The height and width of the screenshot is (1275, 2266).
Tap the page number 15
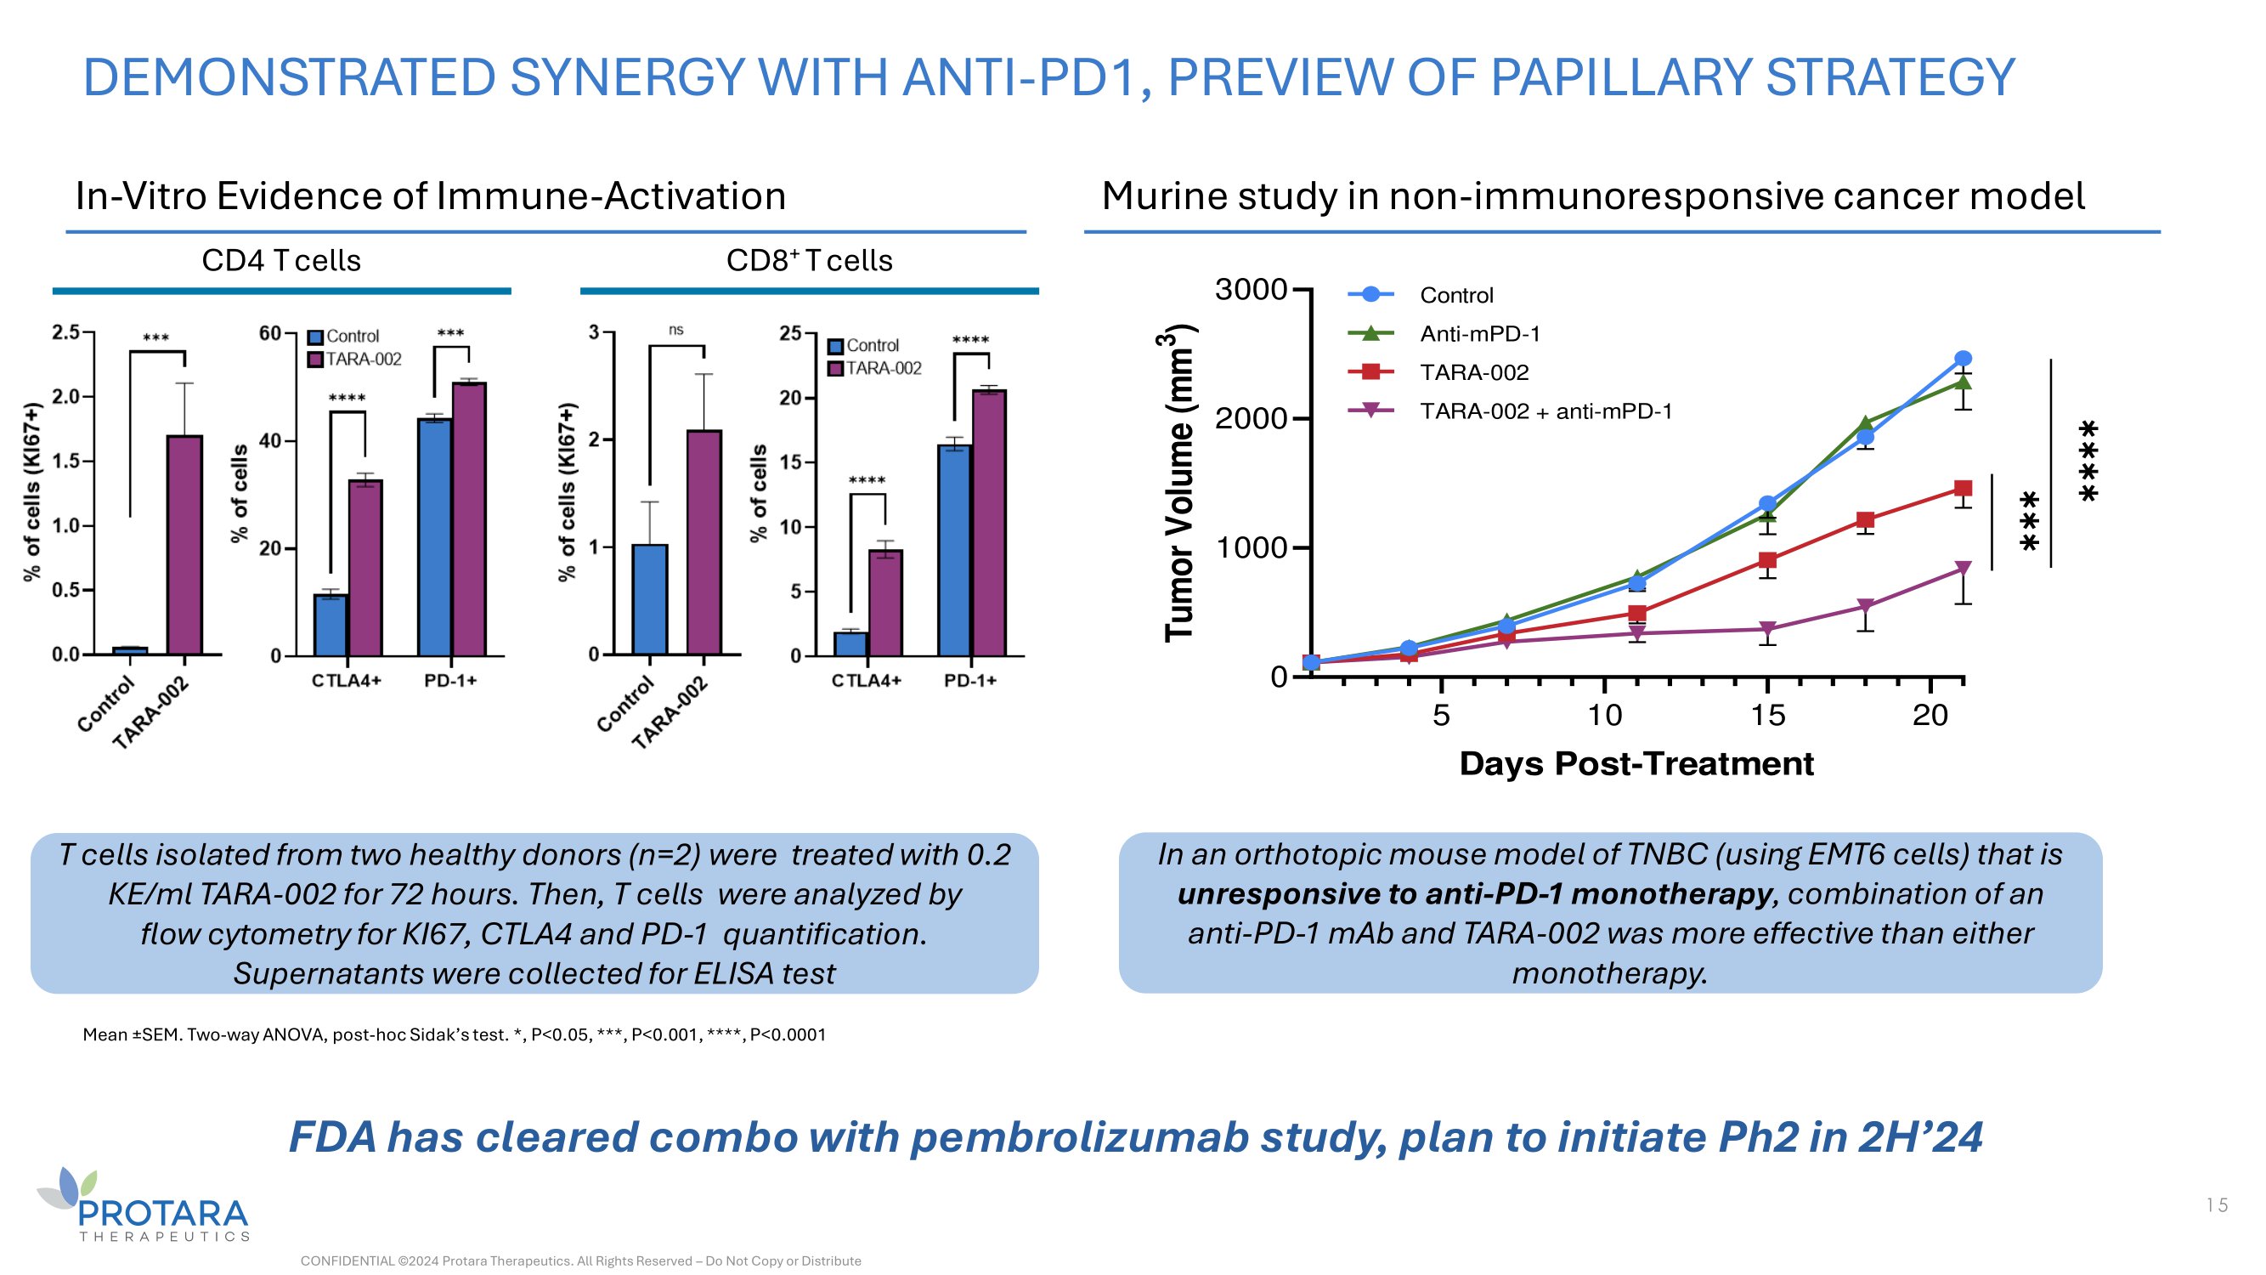[x=2216, y=1205]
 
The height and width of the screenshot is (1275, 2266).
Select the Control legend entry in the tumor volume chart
[x=1455, y=296]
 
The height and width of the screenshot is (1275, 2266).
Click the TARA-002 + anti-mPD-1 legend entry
[x=1545, y=411]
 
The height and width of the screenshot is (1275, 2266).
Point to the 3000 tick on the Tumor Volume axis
[x=1250, y=290]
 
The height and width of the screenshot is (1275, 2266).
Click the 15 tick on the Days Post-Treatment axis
[x=1767, y=716]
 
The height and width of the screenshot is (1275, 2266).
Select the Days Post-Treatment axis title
[x=1636, y=764]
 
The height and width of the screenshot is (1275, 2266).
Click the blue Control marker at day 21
[x=1963, y=359]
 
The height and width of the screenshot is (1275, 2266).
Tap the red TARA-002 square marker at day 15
[x=1767, y=560]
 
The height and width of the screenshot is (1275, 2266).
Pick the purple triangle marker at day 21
[x=1963, y=569]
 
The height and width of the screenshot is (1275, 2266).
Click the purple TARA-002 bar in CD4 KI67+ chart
[x=184, y=545]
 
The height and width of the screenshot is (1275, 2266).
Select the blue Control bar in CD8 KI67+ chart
[x=650, y=599]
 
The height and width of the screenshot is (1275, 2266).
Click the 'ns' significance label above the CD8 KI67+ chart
[x=675, y=330]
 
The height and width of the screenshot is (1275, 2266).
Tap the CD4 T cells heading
[x=280, y=260]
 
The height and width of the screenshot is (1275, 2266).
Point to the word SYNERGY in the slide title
[x=627, y=77]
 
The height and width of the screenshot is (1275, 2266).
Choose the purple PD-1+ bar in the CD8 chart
[x=990, y=523]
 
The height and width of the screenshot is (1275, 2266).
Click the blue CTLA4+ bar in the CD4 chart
[x=331, y=625]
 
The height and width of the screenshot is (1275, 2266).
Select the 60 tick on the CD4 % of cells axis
[x=269, y=333]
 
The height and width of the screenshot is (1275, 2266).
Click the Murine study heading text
[x=1592, y=196]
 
